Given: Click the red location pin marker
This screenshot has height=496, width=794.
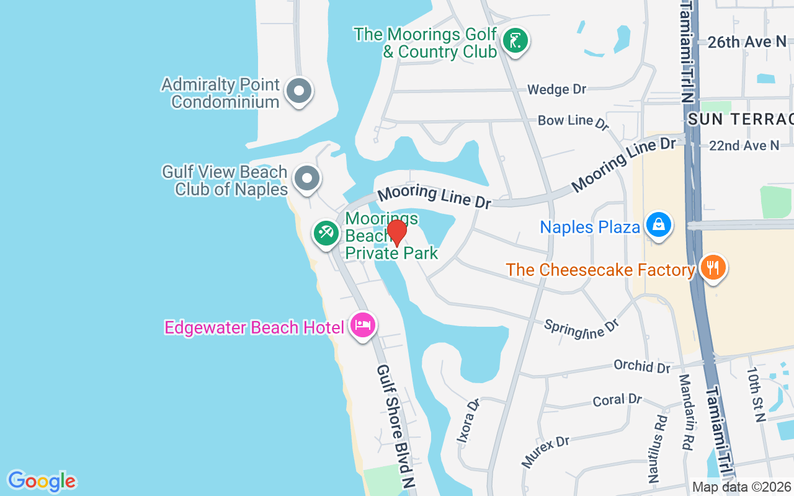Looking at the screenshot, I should [x=397, y=233].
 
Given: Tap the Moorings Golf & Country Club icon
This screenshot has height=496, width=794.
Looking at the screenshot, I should [x=515, y=41].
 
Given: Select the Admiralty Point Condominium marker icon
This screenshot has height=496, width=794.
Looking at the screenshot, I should [x=299, y=91].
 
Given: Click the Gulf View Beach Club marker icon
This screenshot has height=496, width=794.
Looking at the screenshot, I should [x=306, y=179].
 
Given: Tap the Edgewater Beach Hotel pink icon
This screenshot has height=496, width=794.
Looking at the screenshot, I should [x=363, y=325].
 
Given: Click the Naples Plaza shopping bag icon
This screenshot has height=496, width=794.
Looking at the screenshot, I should [x=659, y=225].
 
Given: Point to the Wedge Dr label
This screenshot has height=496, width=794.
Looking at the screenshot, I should [x=556, y=90].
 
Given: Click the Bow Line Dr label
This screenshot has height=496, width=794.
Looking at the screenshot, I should [x=574, y=122].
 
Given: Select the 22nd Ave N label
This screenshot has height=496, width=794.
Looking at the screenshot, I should [x=744, y=146].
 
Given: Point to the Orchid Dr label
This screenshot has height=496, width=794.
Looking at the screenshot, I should [x=642, y=366].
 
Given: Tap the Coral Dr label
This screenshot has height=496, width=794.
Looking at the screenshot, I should [x=617, y=400].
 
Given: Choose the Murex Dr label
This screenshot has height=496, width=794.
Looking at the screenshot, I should [x=545, y=451].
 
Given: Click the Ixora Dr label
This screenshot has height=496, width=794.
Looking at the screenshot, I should [x=468, y=421].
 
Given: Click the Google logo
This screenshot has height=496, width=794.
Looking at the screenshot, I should [x=42, y=481].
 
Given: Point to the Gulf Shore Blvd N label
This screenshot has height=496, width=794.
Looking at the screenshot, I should [x=395, y=427].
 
